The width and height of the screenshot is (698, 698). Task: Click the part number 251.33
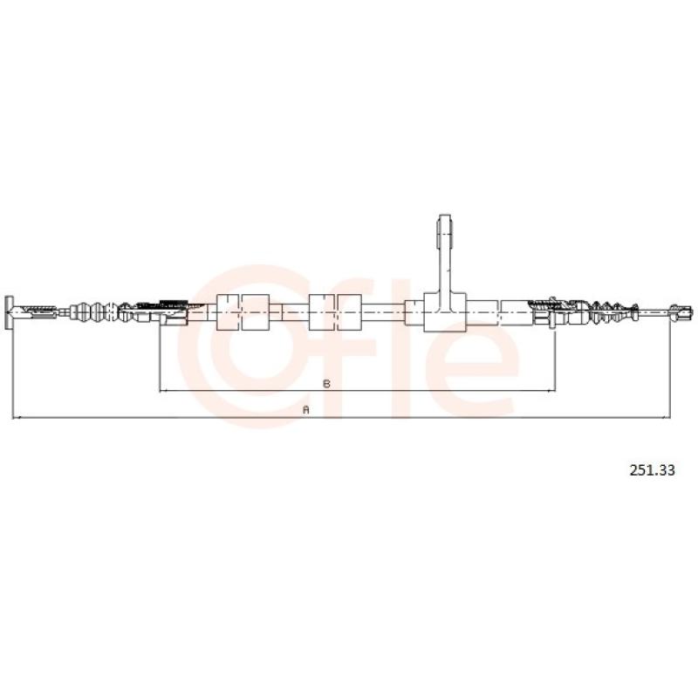coord(652,470)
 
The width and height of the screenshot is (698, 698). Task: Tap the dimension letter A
coord(306,409)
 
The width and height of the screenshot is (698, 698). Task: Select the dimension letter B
coord(326,383)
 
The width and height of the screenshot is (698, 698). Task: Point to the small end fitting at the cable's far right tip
coord(681,311)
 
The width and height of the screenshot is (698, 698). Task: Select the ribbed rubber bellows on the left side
coord(94,311)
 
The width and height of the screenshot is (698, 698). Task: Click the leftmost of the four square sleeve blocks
coord(228,312)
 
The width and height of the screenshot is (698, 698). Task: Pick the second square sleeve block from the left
coord(256,312)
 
